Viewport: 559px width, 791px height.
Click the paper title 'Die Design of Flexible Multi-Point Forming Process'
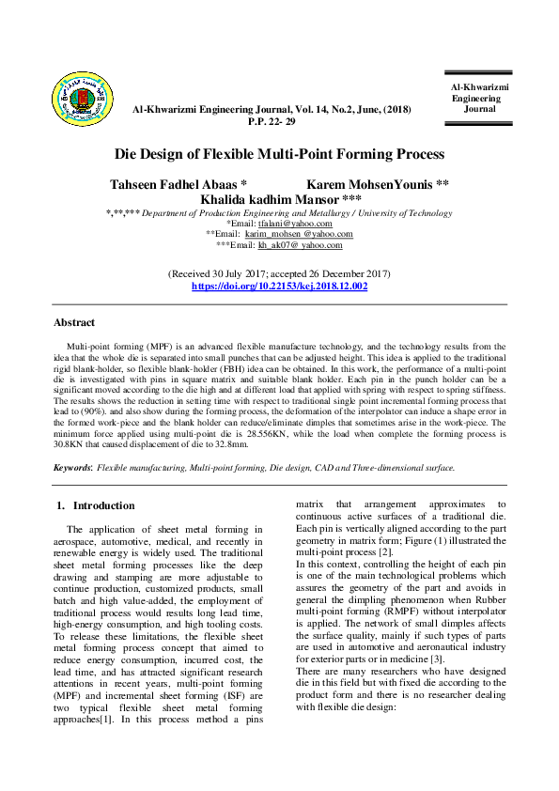279,154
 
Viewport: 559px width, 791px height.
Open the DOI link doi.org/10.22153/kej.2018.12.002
279,285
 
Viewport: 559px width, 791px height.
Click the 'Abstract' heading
74,322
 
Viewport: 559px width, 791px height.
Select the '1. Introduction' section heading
97,505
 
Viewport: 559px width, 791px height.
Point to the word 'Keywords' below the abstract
71,467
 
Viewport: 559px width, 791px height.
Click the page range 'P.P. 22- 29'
272,122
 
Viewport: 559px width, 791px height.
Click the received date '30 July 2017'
239,273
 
